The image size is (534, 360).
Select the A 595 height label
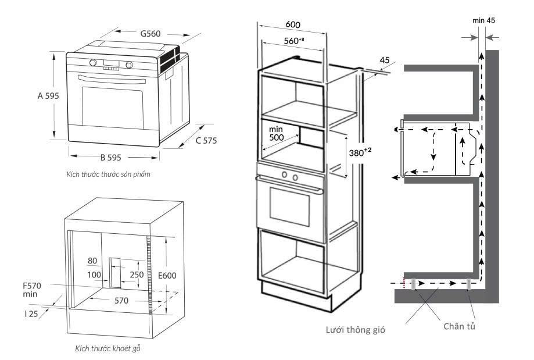(x=44, y=96)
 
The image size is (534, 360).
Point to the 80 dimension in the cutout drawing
(x=92, y=261)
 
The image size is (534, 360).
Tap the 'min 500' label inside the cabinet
(x=276, y=133)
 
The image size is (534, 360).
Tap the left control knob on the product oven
(x=93, y=63)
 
